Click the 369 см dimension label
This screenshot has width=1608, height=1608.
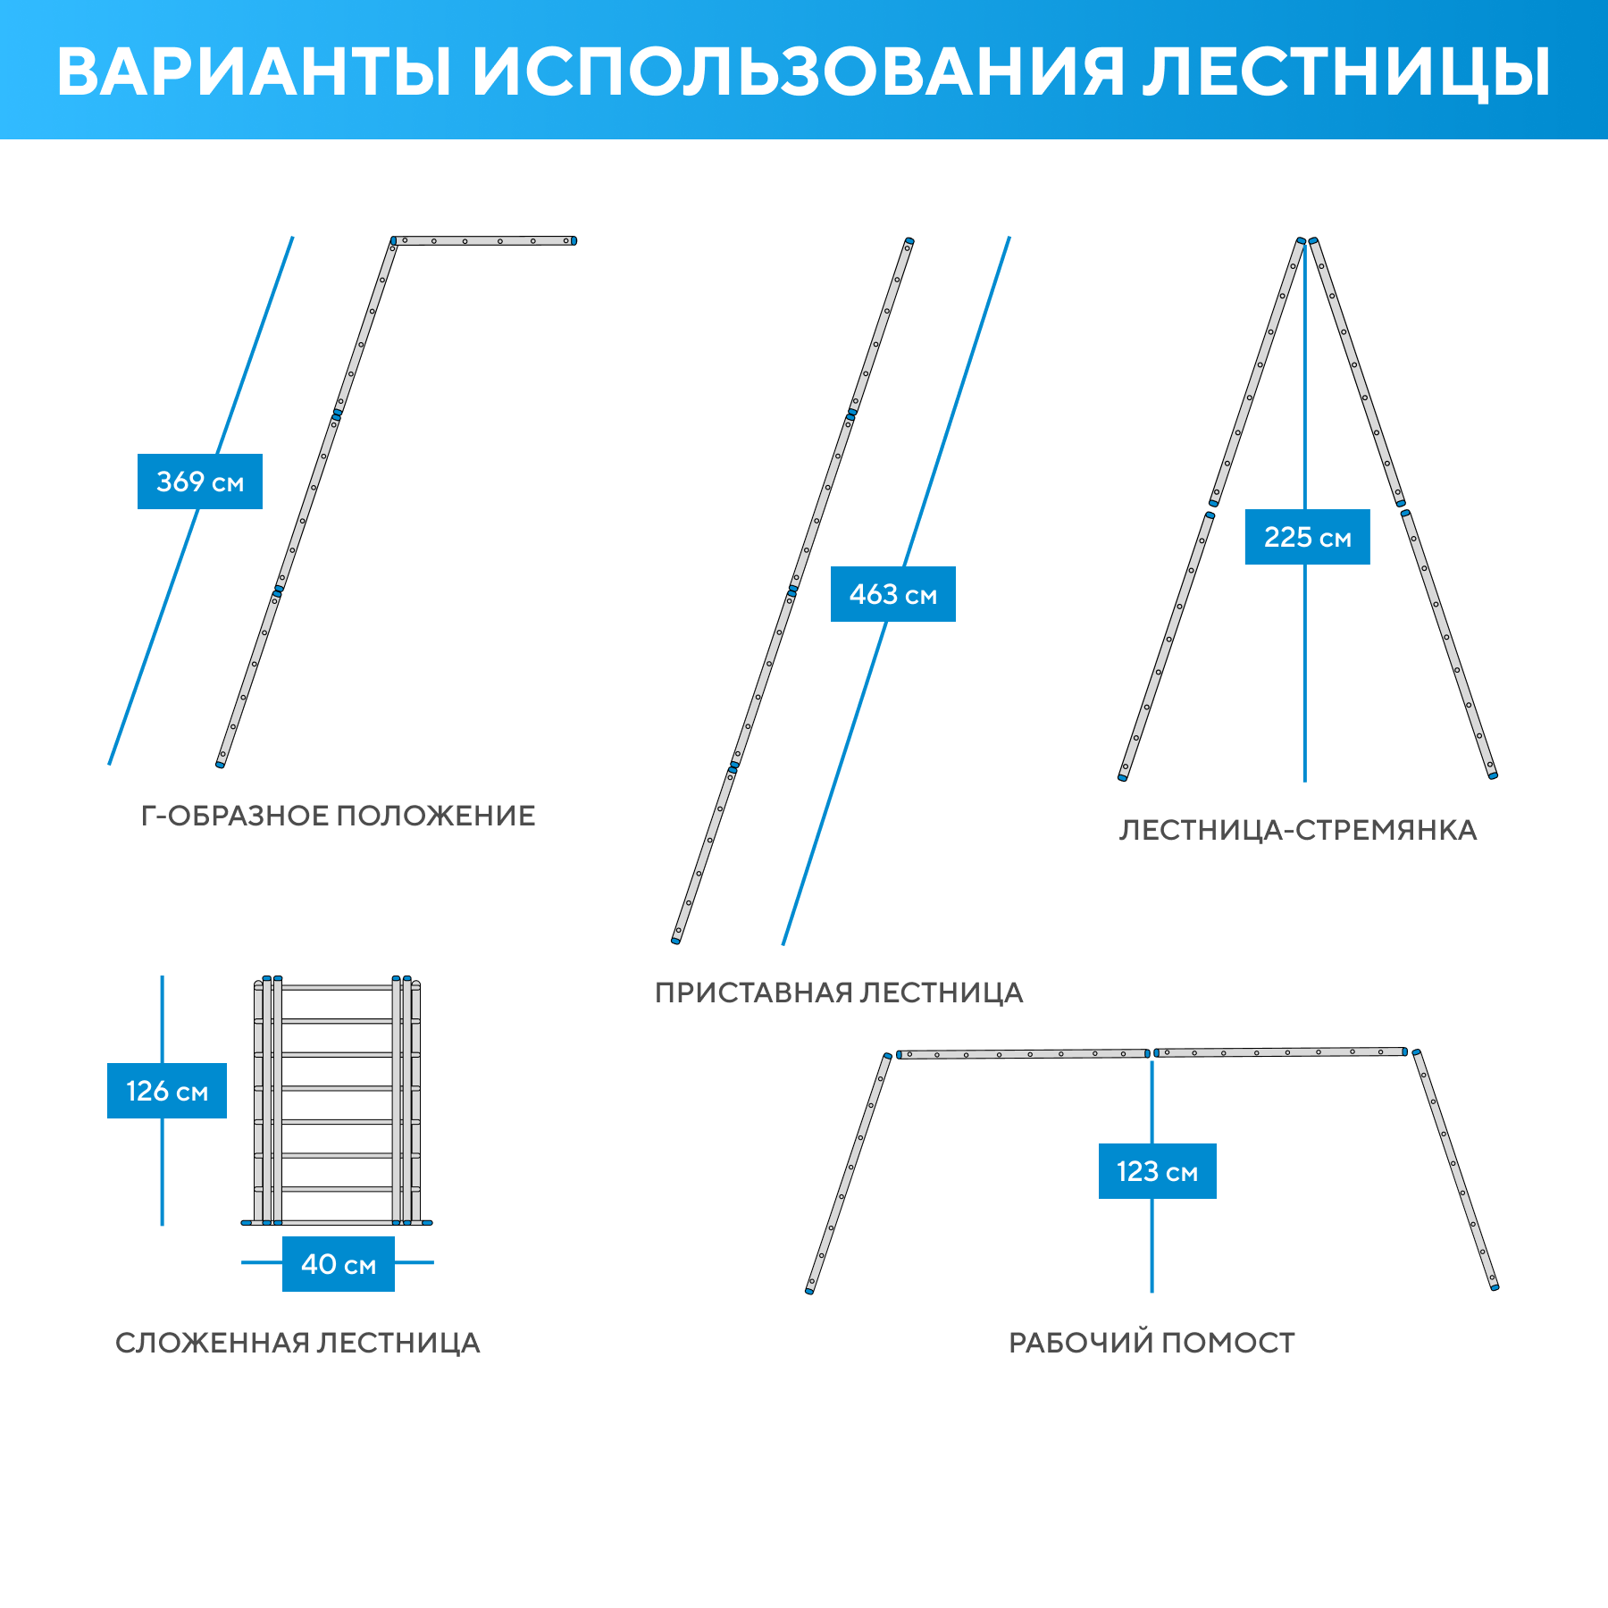click(x=200, y=482)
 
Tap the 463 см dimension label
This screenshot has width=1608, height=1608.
click(x=892, y=594)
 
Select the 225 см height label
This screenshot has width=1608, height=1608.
click(x=1307, y=537)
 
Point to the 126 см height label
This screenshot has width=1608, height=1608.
click(x=167, y=1091)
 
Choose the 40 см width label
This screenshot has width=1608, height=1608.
click(x=339, y=1264)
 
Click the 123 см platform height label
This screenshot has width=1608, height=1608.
click(x=1157, y=1171)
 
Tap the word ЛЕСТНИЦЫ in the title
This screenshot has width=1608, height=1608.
click(x=1347, y=71)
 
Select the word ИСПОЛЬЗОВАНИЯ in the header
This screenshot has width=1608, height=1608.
click(x=798, y=71)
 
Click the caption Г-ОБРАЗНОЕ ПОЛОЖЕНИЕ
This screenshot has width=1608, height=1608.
click(x=339, y=816)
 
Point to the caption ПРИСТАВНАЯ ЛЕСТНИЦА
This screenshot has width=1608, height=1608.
click(x=839, y=992)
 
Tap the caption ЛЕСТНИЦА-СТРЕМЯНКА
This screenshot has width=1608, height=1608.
click(x=1298, y=830)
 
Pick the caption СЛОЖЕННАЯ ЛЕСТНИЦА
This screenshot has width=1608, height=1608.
click(x=297, y=1343)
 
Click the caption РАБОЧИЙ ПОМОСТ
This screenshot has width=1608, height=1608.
click(x=1152, y=1343)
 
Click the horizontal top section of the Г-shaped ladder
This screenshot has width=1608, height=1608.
click(x=483, y=240)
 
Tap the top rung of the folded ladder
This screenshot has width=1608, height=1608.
click(x=337, y=988)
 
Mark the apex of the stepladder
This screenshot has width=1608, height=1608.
click(x=1307, y=241)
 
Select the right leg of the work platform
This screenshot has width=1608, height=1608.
click(x=1455, y=1170)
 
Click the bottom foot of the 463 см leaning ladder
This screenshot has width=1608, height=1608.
click(x=676, y=939)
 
